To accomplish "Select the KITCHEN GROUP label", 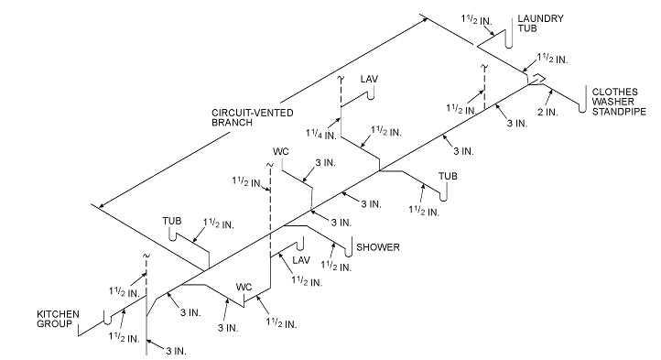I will tap(56, 319).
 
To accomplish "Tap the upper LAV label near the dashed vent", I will tap(368, 79).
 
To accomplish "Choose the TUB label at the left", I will tap(172, 221).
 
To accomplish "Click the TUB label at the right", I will tap(448, 175).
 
